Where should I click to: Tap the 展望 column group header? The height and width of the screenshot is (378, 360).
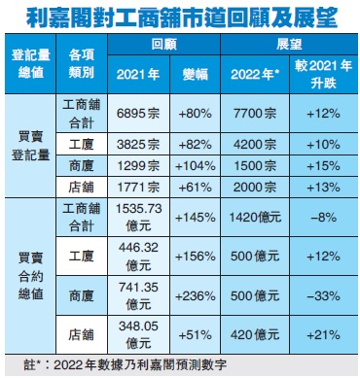click(x=288, y=45)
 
